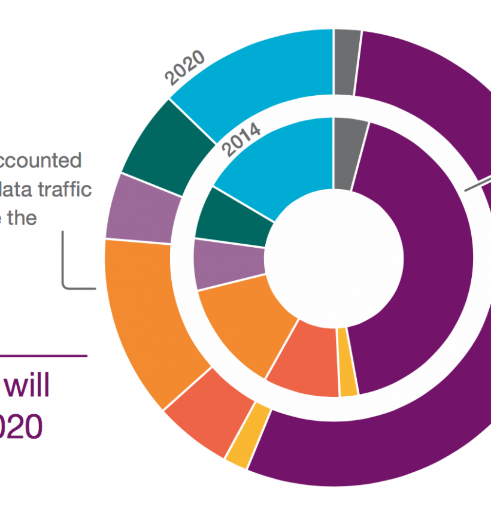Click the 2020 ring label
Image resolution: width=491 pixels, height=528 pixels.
pyautogui.click(x=186, y=68)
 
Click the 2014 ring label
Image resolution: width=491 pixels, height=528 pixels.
pyautogui.click(x=241, y=139)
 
